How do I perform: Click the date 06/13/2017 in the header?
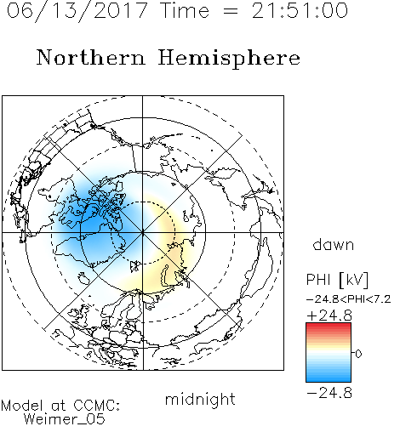tap(77, 11)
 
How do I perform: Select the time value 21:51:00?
tap(300, 11)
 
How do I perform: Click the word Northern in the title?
tap(91, 58)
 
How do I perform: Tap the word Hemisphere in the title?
tap(229, 59)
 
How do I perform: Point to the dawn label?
tap(334, 244)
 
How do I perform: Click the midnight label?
tap(200, 399)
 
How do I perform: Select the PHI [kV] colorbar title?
tap(337, 280)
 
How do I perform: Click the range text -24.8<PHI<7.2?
tap(349, 299)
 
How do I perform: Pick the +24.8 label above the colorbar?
tap(329, 315)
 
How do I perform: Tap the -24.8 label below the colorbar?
tap(329, 393)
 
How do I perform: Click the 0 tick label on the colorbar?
tap(358, 354)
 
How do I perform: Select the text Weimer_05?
tap(65, 419)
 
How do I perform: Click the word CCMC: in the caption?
tap(97, 406)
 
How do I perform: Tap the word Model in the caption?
tap(22, 406)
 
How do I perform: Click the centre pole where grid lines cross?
tap(143, 233)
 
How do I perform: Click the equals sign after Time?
tap(231, 11)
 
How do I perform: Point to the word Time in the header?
tap(185, 11)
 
